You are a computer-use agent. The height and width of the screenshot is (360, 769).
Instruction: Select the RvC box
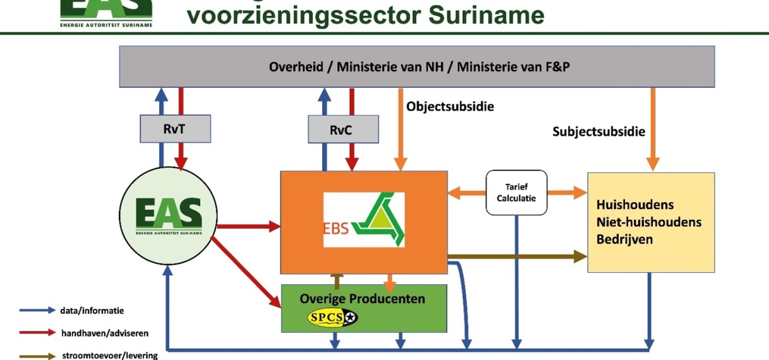click(343, 129)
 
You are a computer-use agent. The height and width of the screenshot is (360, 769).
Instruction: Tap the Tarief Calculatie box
click(516, 193)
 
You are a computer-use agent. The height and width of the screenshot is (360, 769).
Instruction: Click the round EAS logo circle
click(168, 215)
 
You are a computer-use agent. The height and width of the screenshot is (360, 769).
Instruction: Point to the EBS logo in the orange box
click(364, 219)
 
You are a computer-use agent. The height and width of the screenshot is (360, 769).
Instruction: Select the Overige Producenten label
click(362, 298)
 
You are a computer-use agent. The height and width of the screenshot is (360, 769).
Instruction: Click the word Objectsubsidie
click(450, 106)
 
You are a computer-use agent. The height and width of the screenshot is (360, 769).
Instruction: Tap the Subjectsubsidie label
click(599, 131)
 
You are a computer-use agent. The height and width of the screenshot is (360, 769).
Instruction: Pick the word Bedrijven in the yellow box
click(624, 239)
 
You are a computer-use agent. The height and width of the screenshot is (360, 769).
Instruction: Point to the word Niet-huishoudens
click(648, 222)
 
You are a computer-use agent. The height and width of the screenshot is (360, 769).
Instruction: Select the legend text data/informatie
click(92, 310)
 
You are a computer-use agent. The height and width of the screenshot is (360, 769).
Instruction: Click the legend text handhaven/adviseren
click(104, 333)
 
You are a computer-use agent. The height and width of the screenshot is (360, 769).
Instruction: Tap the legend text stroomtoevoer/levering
click(109, 356)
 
